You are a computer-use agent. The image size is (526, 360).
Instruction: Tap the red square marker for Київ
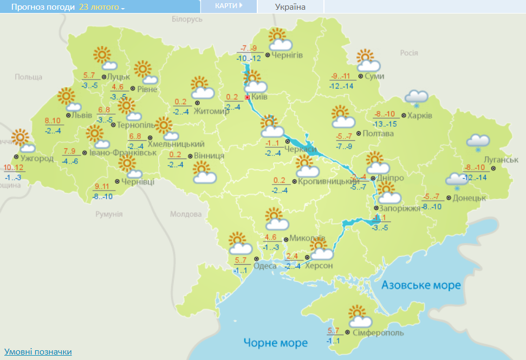tap(248, 97)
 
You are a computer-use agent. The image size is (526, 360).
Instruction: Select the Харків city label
tap(420, 116)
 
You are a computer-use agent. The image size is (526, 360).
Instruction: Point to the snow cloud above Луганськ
tap(478, 142)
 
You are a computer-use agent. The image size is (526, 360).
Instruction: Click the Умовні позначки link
tap(38, 352)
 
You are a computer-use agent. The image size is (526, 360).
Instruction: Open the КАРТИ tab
tap(228, 6)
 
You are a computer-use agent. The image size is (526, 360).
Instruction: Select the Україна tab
tap(290, 6)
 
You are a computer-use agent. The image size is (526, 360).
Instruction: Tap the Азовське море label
tap(421, 285)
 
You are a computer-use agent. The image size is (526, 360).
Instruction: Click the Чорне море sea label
tap(275, 343)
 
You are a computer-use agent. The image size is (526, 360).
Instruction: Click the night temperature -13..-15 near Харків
tap(385, 124)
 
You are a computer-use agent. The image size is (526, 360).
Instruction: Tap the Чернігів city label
tap(287, 55)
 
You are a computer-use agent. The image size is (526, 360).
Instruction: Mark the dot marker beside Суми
tap(360, 76)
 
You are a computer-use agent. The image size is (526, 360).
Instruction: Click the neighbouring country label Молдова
tap(184, 214)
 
